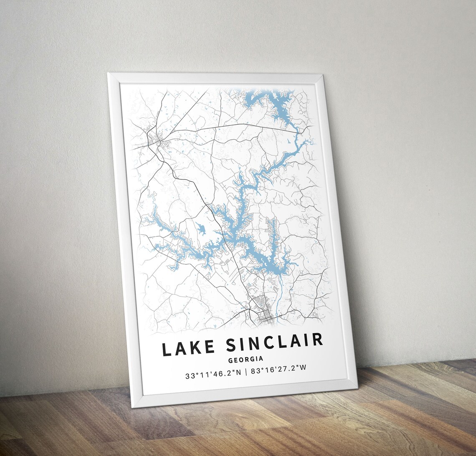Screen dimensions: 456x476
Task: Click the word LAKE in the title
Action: [189, 348]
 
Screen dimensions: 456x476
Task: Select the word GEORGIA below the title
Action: [246, 359]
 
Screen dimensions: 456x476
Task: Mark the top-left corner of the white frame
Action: [108, 74]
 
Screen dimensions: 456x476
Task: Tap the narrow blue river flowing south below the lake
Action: [279, 289]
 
